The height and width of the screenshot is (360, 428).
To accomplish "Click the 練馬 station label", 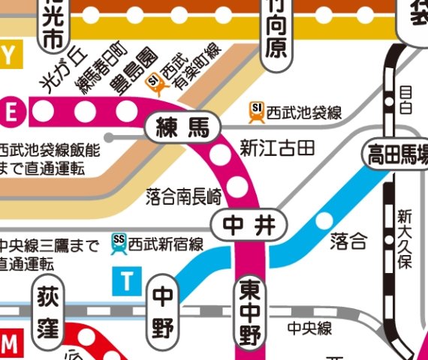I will pyautogui.click(x=182, y=128).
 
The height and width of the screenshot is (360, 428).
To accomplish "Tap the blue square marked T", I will pyautogui.click(x=128, y=282).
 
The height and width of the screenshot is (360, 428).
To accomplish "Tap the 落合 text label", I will pyautogui.click(x=349, y=241).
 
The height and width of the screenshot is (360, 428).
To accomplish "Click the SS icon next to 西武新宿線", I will pyautogui.click(x=118, y=242).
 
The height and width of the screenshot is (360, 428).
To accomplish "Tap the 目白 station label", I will pyautogui.click(x=406, y=99).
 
